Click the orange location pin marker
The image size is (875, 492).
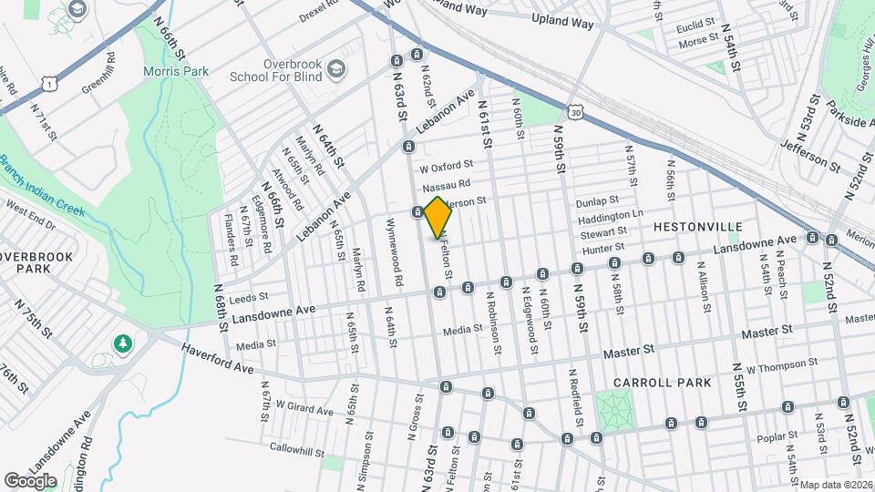(x=437, y=217)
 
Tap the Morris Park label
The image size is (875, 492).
(x=176, y=71)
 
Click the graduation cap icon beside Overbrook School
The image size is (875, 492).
(x=337, y=68)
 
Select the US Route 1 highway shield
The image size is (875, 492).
(x=48, y=83)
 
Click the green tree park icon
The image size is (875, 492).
(x=121, y=343)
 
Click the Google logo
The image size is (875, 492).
(x=30, y=480)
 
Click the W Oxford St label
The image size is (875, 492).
(x=446, y=167)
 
